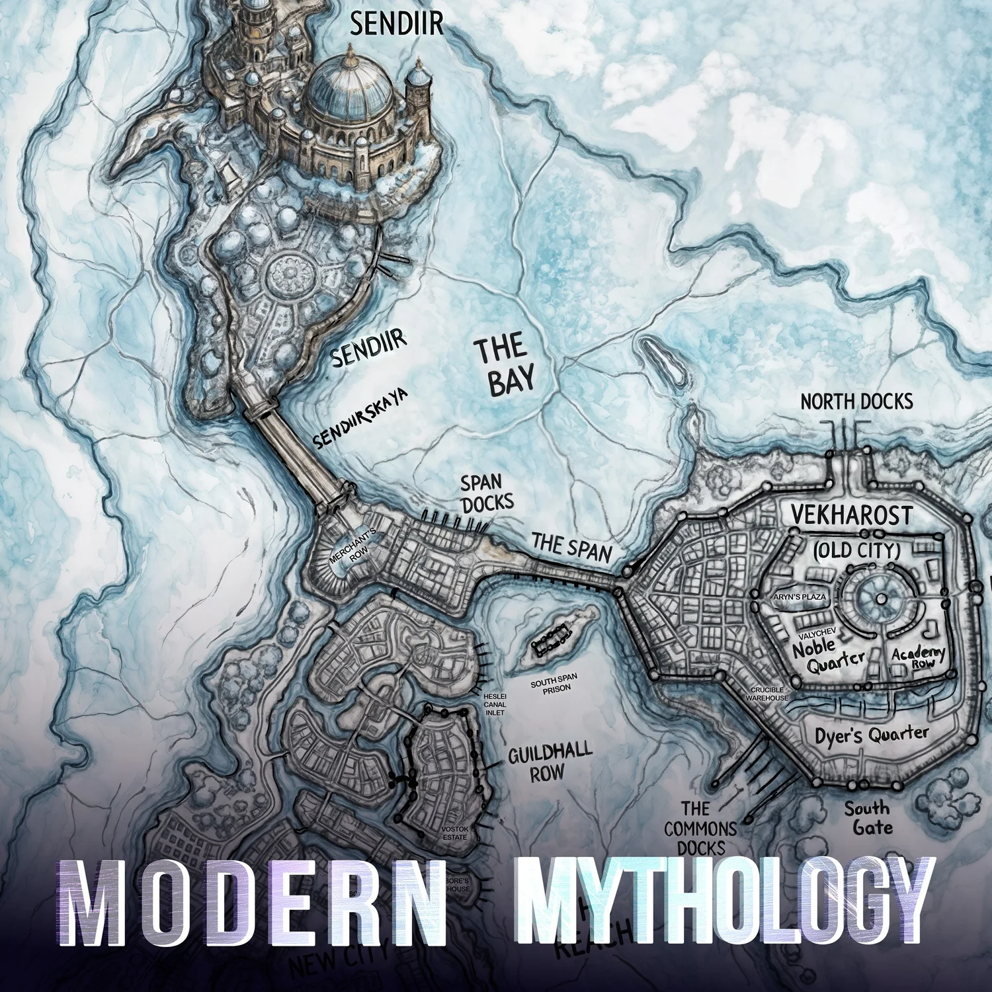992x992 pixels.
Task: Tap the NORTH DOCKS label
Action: (856, 401)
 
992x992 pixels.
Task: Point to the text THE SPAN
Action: (571, 548)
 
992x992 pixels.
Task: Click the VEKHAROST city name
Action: (852, 515)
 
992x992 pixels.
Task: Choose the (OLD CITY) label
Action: (856, 550)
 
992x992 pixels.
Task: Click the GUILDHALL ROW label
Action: (549, 763)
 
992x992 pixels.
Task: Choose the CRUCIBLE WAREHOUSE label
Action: (768, 694)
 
